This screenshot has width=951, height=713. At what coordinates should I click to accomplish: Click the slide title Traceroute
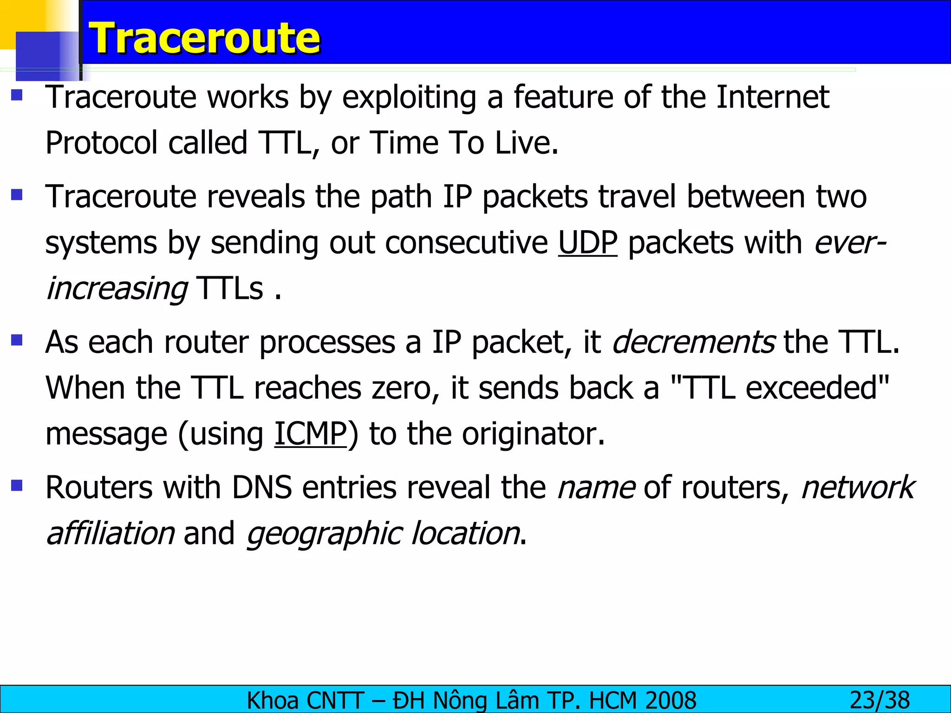click(204, 38)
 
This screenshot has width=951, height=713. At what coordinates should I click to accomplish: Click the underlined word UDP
click(587, 242)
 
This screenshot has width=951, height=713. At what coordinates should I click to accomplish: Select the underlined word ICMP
click(310, 434)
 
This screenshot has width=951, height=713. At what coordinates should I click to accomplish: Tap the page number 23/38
click(879, 700)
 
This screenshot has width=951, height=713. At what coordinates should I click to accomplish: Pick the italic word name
click(596, 487)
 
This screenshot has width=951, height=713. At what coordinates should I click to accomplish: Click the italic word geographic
click(323, 534)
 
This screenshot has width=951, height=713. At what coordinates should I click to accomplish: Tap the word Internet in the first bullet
click(773, 97)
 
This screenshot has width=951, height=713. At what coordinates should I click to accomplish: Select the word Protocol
click(102, 143)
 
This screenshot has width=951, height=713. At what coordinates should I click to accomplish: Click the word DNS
click(262, 487)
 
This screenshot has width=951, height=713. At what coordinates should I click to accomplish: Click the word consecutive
click(466, 242)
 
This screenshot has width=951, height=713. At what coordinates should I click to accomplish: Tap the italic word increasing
click(117, 289)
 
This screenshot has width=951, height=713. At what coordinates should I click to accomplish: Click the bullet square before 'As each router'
click(17, 341)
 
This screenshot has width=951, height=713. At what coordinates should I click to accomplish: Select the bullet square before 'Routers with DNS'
click(17, 486)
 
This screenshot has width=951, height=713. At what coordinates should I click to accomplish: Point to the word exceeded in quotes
click(812, 388)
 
